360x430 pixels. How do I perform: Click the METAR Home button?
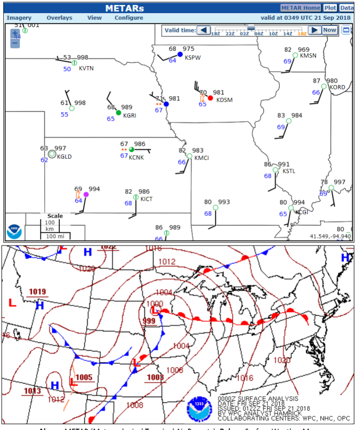pyautogui.click(x=300, y=8)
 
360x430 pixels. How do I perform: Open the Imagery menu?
pyautogui.click(x=19, y=18)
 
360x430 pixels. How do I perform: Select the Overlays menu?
pyautogui.click(x=59, y=18)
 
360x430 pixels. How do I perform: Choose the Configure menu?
pyautogui.click(x=129, y=18)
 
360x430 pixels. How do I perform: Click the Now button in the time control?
pyautogui.click(x=329, y=30)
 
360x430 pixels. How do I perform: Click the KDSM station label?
pyautogui.click(x=225, y=100)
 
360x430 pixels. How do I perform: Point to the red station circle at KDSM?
pyautogui.click(x=210, y=98)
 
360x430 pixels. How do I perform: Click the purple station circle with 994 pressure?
pyautogui.click(x=86, y=195)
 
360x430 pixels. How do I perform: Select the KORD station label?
pyautogui.click(x=337, y=87)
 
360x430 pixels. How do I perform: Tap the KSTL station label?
pyautogui.click(x=288, y=171)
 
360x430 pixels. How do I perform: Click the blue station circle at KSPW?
pyautogui.click(x=180, y=54)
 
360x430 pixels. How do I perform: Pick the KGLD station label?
pyautogui.click(x=64, y=156)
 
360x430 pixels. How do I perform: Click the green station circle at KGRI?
pyautogui.click(x=118, y=113)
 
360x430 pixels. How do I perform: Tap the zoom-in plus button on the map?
pyautogui.click(x=15, y=33)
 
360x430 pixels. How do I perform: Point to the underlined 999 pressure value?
pyautogui.click(x=149, y=321)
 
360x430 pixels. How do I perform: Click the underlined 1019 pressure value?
pyautogui.click(x=37, y=292)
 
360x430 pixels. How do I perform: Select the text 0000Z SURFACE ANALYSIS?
pyautogui.click(x=258, y=399)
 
